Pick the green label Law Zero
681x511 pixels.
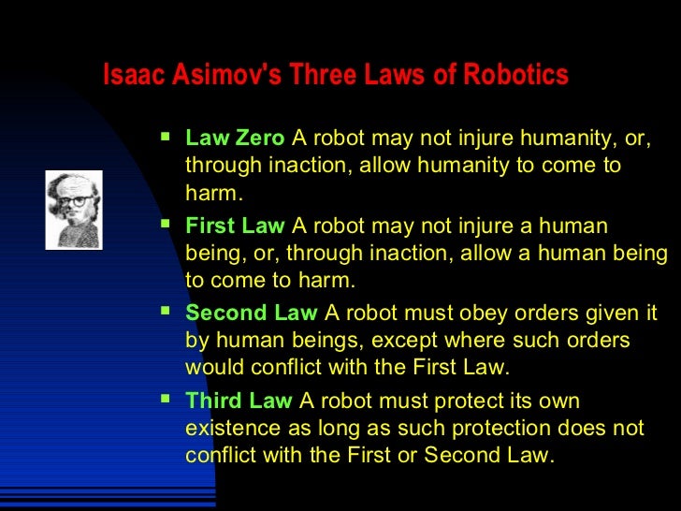click(x=234, y=139)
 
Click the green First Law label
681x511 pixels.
click(x=235, y=226)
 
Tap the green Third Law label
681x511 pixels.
click(x=239, y=401)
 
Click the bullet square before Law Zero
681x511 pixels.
click(x=167, y=138)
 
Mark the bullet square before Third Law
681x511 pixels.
click(x=167, y=400)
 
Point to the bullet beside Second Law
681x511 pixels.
click(x=167, y=312)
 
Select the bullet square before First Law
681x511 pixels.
click(x=167, y=225)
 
